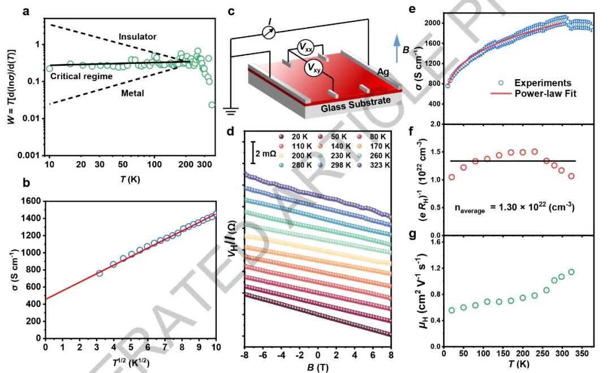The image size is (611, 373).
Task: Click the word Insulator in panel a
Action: [137, 37]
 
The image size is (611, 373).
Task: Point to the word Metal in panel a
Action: [132, 93]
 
